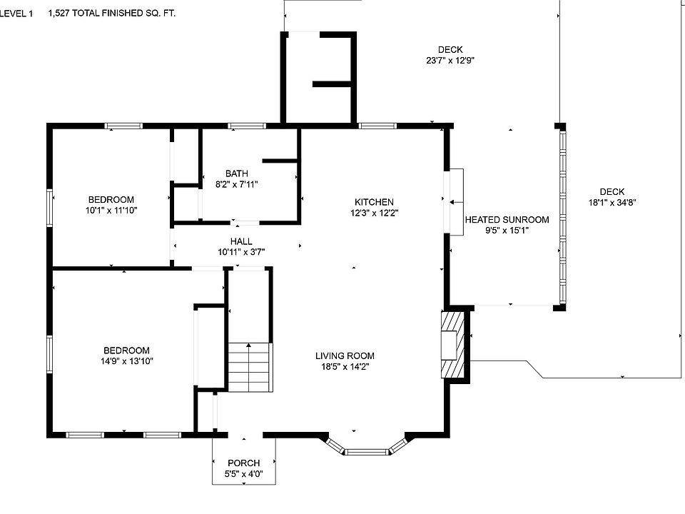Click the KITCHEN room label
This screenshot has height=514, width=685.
tap(374, 202)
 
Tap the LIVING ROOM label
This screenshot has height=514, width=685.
tap(345, 356)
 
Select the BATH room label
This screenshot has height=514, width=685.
tap(237, 173)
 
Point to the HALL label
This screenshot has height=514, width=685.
tap(241, 241)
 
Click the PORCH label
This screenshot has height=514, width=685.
tap(244, 463)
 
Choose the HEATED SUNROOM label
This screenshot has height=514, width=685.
tap(507, 219)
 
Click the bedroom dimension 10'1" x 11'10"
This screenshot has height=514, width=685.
tap(111, 210)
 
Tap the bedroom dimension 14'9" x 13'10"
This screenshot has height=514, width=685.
tap(127, 361)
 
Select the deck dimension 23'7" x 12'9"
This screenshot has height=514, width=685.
tap(450, 60)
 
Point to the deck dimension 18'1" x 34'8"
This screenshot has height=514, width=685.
tap(612, 202)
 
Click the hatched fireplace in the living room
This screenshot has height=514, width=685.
tap(452, 345)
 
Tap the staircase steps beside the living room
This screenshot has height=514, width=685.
tap(250, 367)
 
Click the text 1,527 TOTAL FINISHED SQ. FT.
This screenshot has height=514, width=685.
tap(112, 13)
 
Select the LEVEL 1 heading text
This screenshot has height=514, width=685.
tap(16, 14)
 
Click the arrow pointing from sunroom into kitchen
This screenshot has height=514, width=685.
tap(457, 202)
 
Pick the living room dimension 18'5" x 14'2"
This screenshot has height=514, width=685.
tap(345, 367)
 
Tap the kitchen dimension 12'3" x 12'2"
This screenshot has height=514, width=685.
tap(375, 213)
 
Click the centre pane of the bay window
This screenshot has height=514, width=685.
tap(367, 451)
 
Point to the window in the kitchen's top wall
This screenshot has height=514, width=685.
tap(377, 126)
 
